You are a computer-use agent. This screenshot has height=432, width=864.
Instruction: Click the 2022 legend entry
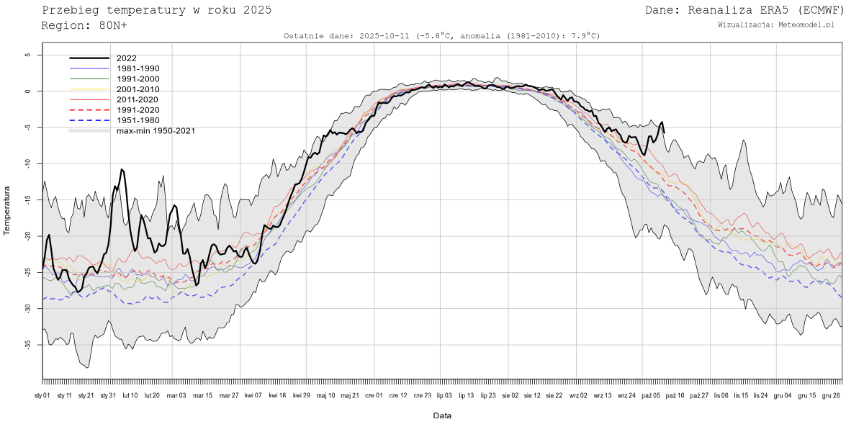(126, 58)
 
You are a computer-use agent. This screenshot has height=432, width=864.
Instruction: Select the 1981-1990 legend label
(138, 68)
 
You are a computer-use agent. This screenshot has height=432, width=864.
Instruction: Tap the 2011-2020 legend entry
(138, 99)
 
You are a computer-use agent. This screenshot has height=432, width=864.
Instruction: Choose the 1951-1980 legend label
(138, 120)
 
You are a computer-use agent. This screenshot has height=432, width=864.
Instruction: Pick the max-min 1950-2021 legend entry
(156, 130)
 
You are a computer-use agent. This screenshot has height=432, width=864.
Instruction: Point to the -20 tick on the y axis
(27, 236)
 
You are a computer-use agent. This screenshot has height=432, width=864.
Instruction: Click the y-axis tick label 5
(27, 55)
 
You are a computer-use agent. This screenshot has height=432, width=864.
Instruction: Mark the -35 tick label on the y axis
(27, 345)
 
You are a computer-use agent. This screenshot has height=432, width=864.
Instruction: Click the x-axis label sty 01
(42, 395)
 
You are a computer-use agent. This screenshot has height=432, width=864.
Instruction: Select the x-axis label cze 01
(375, 395)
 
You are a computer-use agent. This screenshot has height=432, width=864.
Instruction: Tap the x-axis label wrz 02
(578, 395)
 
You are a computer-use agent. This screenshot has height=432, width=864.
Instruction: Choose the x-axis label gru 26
(832, 395)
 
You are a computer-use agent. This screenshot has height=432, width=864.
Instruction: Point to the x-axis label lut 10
(130, 395)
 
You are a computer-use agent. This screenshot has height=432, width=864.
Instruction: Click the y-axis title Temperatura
(7, 211)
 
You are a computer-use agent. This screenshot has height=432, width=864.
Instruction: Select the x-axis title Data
(442, 415)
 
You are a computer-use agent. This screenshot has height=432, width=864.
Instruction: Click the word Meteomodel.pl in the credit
(806, 24)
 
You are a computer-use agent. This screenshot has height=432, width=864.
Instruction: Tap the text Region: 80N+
(84, 25)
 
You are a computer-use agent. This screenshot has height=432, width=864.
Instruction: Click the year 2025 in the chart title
(256, 10)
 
